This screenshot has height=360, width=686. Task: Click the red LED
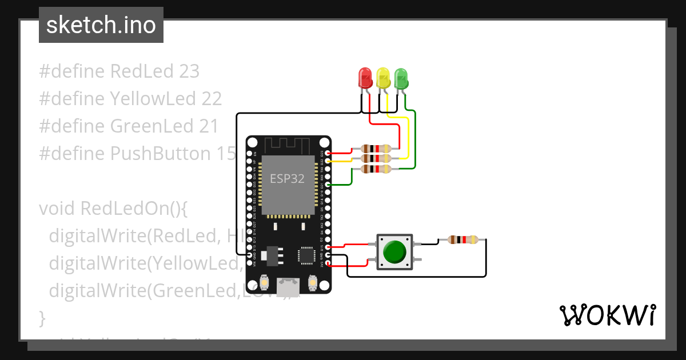pyautogui.click(x=365, y=77)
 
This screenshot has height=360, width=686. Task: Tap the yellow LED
pyautogui.click(x=383, y=77)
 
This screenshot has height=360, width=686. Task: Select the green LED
pyautogui.click(x=401, y=77)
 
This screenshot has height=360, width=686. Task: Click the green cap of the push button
pyautogui.click(x=394, y=251)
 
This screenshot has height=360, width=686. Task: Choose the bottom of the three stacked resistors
pyautogui.click(x=376, y=169)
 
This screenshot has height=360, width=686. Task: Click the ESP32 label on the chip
pyautogui.click(x=287, y=178)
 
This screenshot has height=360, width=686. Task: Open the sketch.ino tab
pyautogui.click(x=101, y=25)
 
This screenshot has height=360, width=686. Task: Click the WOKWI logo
pyautogui.click(x=607, y=315)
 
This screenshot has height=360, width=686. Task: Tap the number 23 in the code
pyautogui.click(x=189, y=71)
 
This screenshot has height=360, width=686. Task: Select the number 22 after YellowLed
pyautogui.click(x=211, y=99)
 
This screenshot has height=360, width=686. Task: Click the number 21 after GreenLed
pyautogui.click(x=208, y=126)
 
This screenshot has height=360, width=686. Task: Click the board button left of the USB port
pyautogui.click(x=265, y=282)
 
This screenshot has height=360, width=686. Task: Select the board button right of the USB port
pyautogui.click(x=313, y=282)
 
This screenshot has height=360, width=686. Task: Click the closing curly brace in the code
pyautogui.click(x=41, y=317)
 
